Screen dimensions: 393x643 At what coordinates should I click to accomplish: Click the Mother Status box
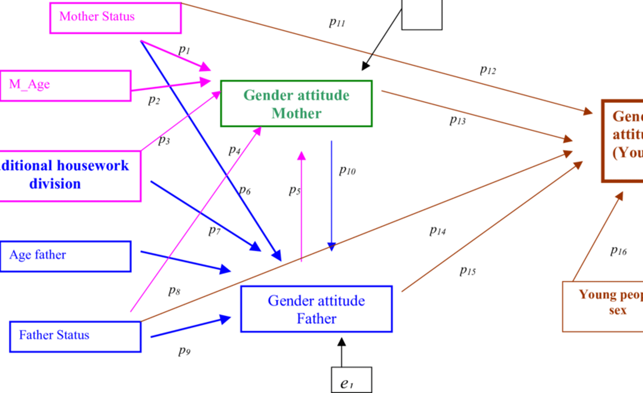coord(115,18)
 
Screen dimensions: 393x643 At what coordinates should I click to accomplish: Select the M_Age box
coord(65,86)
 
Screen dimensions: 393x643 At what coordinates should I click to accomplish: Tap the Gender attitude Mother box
coord(296,103)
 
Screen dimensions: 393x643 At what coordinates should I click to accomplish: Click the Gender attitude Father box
coord(316,309)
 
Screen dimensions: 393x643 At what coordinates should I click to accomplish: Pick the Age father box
coord(65,256)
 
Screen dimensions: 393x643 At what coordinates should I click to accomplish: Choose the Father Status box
coord(75,336)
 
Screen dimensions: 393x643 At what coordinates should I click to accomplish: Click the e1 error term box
coord(351,380)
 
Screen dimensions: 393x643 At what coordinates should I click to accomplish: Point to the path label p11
coord(337,23)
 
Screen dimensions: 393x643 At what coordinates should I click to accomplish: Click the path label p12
coord(488,70)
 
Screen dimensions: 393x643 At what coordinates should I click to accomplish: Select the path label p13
coord(457,120)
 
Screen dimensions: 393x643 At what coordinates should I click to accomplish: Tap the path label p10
coord(347,171)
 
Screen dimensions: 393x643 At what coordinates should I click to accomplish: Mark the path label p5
coord(294,191)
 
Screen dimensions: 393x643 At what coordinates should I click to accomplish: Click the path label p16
coord(618,251)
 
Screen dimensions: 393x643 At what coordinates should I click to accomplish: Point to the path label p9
coord(184,351)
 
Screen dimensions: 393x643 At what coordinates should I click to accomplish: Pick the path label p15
coord(468,270)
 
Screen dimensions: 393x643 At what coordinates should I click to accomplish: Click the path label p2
coord(154,100)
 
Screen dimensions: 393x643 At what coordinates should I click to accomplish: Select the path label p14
coord(437,231)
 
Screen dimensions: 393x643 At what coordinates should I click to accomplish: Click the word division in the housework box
coord(55,184)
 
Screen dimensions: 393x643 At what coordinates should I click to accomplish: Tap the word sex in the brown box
coord(618,310)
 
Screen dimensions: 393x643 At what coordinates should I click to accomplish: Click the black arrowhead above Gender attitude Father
coord(342,342)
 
